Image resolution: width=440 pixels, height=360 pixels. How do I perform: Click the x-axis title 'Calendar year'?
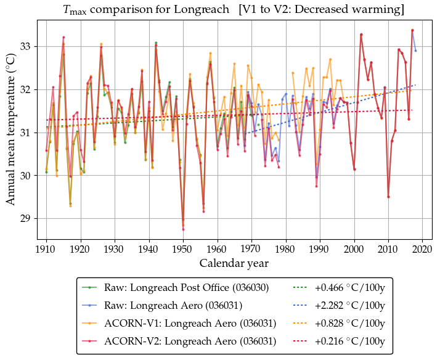234,264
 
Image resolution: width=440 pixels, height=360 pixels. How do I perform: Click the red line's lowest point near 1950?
183,229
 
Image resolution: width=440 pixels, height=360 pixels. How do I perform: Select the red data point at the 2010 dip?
388,197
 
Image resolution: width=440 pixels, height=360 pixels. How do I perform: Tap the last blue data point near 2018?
416,51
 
